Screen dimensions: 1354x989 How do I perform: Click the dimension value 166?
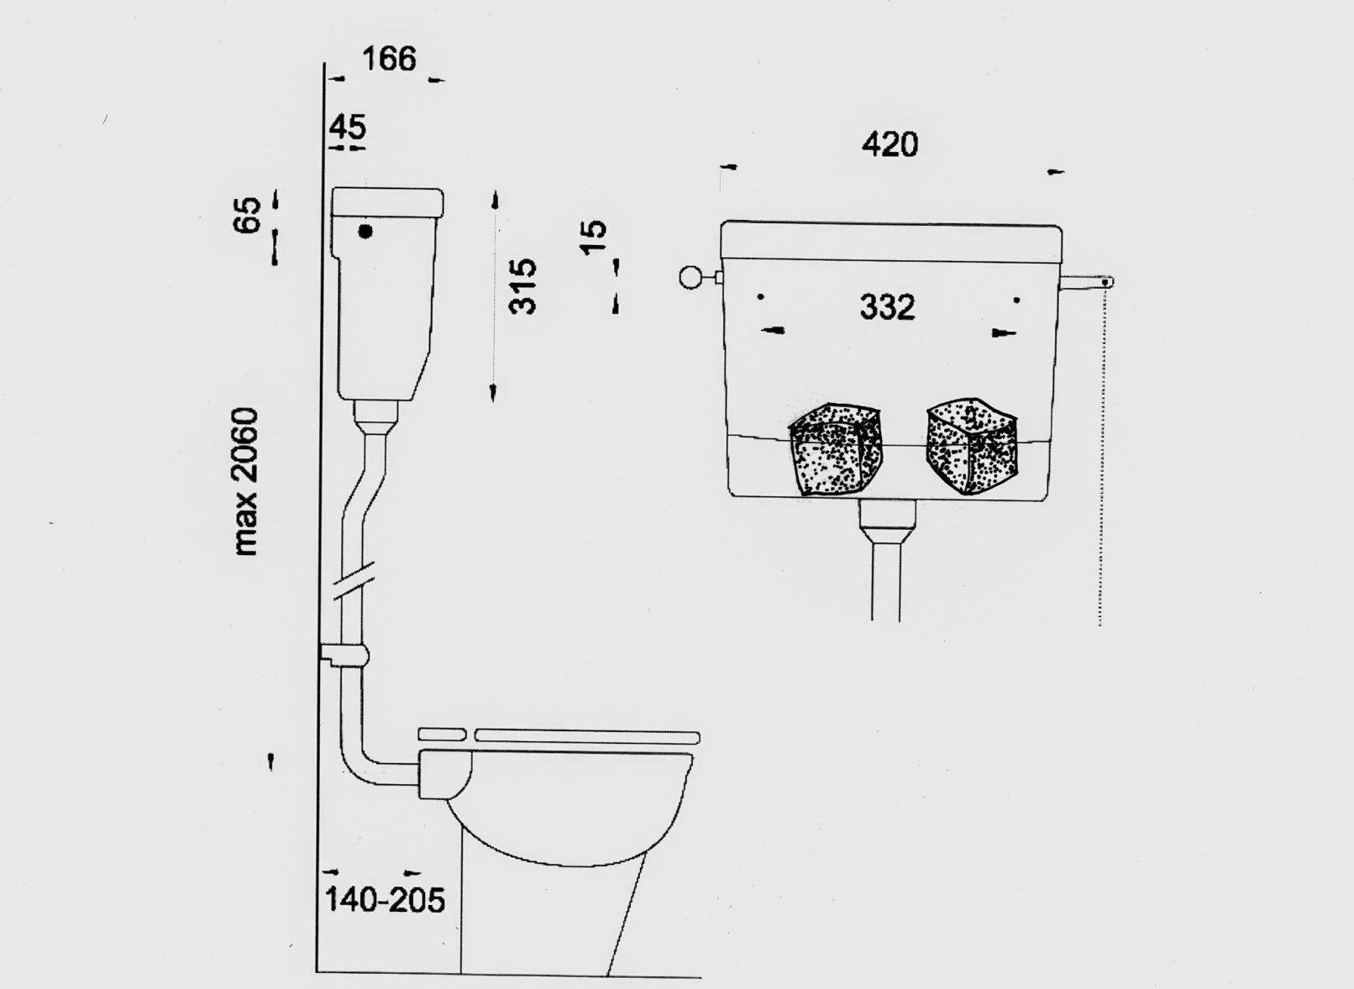389,60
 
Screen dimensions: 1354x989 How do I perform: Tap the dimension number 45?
349,127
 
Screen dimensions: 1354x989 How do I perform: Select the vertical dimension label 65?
247,214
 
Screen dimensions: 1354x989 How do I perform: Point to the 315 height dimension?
522,286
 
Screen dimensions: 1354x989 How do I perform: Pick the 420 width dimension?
890,145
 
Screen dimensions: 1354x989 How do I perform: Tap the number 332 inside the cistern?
887,307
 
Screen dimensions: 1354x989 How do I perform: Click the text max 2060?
247,482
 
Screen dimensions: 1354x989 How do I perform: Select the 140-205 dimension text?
385,899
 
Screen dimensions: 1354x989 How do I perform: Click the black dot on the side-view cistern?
365,232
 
